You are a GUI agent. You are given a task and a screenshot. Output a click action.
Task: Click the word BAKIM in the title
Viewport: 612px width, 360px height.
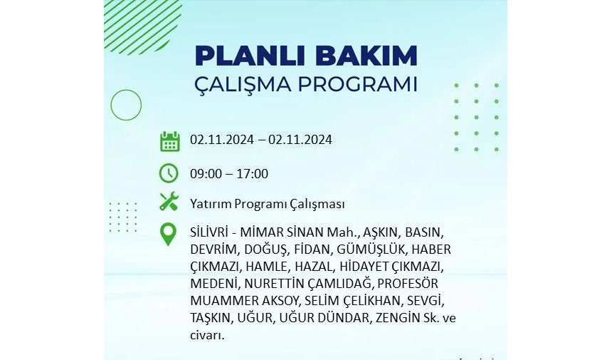coord(366,56)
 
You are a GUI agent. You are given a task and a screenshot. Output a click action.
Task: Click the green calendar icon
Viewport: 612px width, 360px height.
coord(170,141)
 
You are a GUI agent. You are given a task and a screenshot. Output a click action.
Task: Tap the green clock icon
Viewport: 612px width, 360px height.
coord(169,173)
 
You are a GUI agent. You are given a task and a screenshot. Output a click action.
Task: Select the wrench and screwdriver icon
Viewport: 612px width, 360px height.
coord(169,202)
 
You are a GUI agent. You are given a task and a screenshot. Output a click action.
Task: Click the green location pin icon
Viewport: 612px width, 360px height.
coord(168,234)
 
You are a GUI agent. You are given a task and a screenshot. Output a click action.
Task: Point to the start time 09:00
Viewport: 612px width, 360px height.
coord(206,174)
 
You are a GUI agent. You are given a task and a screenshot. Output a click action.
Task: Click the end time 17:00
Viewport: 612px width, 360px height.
coord(253,174)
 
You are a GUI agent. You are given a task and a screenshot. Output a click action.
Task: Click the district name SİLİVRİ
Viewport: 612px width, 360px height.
coord(209,232)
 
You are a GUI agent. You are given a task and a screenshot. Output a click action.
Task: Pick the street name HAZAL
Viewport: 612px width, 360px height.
coord(315,267)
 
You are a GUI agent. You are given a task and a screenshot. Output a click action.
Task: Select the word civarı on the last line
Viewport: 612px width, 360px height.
coord(207,335)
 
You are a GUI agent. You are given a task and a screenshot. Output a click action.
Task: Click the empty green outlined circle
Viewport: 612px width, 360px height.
coord(126,90)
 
